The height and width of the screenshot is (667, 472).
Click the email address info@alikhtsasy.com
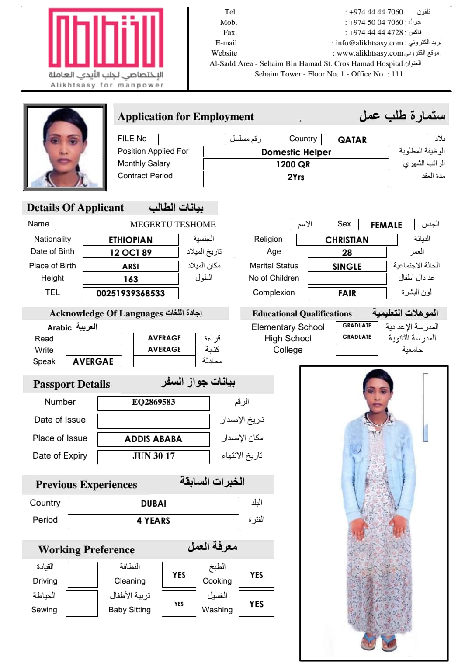point(369,43)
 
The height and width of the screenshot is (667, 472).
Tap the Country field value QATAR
point(352,140)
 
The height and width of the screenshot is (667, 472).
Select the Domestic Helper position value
point(296,152)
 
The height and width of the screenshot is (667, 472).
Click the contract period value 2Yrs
point(296,177)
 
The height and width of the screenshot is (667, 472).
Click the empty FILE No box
point(191,139)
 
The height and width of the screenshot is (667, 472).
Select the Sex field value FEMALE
point(386,225)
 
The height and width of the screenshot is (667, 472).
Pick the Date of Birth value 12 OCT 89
point(131,253)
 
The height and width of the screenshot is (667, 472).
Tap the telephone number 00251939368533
point(131,293)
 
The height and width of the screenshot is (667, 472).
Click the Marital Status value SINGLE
point(347,267)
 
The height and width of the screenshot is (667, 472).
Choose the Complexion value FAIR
point(347,293)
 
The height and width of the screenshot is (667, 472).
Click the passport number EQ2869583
point(153,402)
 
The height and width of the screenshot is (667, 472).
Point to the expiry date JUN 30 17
point(153,456)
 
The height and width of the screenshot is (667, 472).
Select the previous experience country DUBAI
point(153,504)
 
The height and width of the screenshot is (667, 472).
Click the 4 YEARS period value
point(153,521)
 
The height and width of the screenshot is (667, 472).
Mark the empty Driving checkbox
point(82,575)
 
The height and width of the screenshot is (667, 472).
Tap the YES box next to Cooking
point(257,575)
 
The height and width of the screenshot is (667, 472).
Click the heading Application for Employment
point(186,117)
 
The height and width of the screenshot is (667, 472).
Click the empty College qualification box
point(357,350)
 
